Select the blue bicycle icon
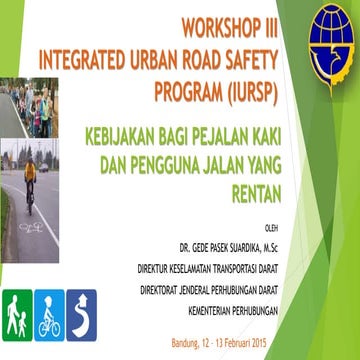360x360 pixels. pyautogui.click(x=49, y=312)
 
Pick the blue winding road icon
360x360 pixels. pyautogui.click(x=82, y=312)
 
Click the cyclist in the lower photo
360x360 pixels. pyautogui.click(x=30, y=180)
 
